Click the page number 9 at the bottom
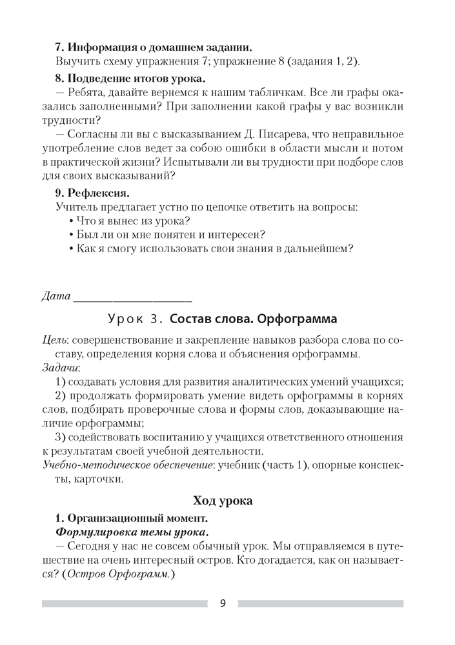223,604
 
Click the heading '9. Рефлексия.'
93,192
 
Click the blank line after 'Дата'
133,298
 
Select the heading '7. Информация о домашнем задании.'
154,47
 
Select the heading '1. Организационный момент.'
131,517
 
